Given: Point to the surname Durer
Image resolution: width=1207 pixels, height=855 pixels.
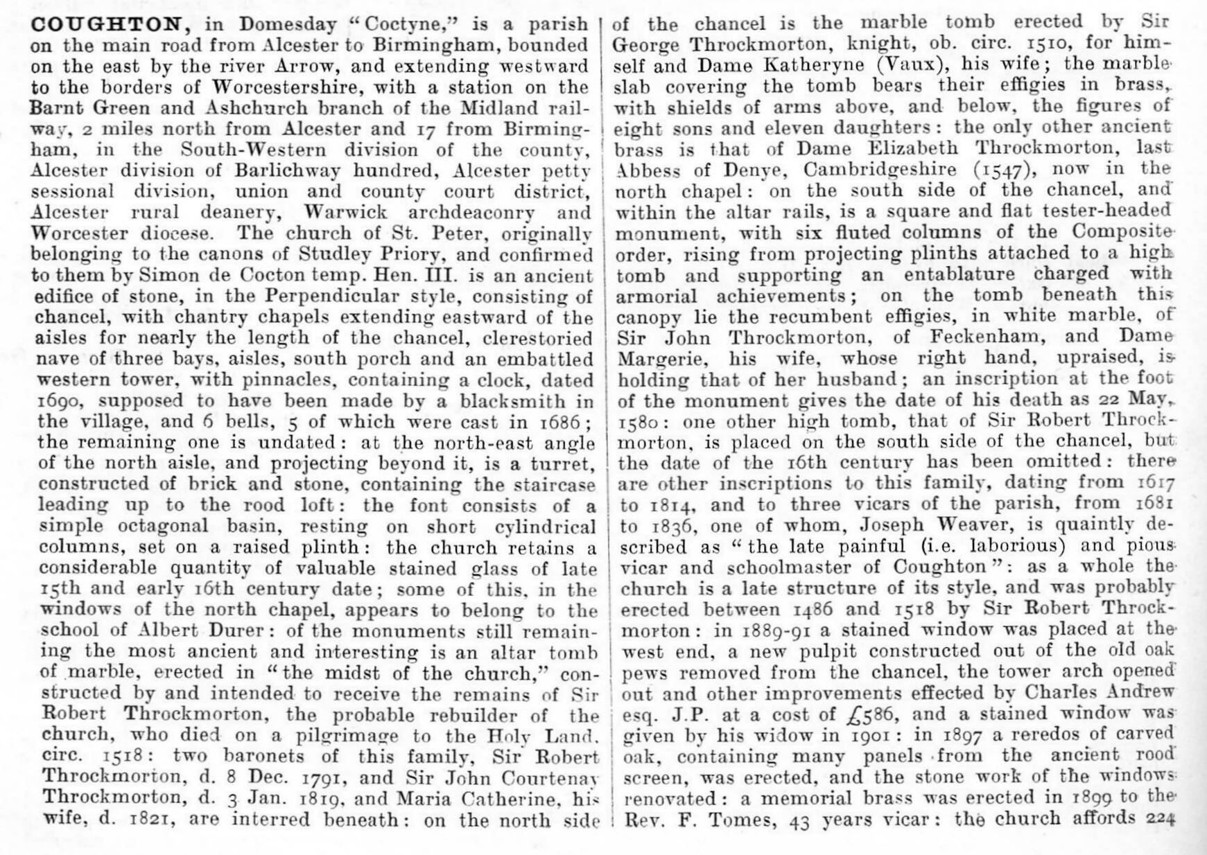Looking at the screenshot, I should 222,631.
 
